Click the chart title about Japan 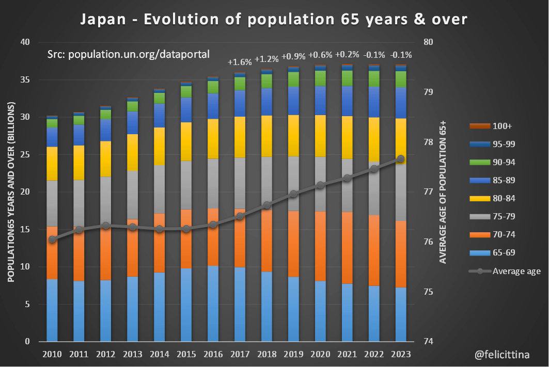[x=274, y=20]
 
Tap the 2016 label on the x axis [x=213, y=354]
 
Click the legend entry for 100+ [x=502, y=126]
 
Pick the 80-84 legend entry [x=504, y=199]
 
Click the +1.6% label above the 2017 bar [x=240, y=62]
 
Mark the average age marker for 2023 [x=401, y=159]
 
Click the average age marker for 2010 [x=52, y=240]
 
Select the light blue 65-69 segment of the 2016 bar [x=213, y=304]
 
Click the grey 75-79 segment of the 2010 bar [x=52, y=203]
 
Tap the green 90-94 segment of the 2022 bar [x=374, y=78]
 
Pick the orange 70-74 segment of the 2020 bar [x=320, y=246]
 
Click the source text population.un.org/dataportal [x=128, y=54]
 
